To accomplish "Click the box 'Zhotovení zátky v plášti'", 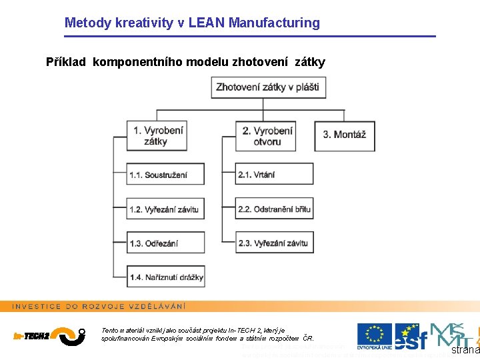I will [267, 87].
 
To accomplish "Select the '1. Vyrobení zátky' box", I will [157, 135].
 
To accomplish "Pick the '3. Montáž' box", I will [344, 135].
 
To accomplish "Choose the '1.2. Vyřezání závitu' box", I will [165, 209].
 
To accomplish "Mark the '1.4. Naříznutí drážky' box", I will [166, 277].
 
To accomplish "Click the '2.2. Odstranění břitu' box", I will [274, 209].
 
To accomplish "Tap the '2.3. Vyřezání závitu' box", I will [274, 243].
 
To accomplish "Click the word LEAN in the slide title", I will [207, 23].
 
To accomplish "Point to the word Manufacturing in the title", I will [274, 23].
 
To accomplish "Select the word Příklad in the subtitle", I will [66, 62].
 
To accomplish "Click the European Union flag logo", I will [374, 335].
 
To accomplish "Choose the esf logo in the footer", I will [408, 336].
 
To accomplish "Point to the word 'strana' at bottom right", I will [465, 350].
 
